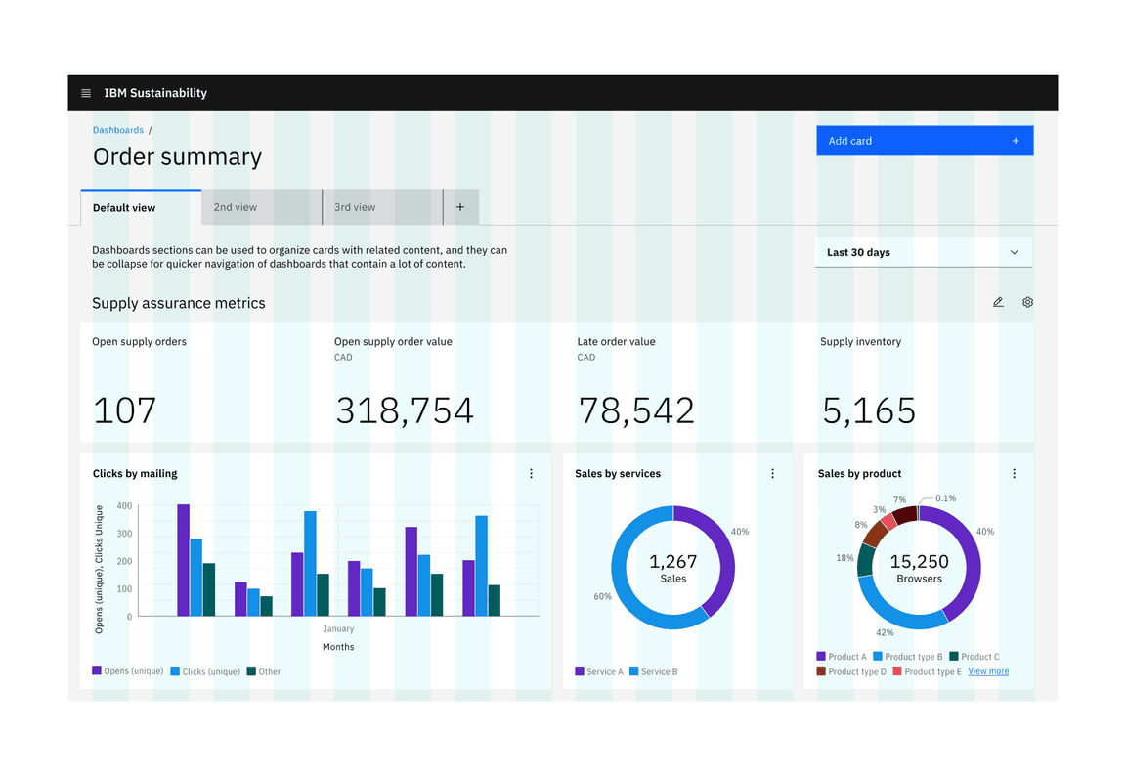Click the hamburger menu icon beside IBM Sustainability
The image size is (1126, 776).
pyautogui.click(x=86, y=93)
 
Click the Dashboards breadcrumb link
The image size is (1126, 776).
pyautogui.click(x=118, y=130)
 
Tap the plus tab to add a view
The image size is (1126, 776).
pyautogui.click(x=460, y=207)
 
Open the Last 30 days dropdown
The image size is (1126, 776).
pyautogui.click(x=923, y=252)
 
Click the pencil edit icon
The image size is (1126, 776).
pyautogui.click(x=998, y=302)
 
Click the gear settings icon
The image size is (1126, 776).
pyautogui.click(x=1027, y=302)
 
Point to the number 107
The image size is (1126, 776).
pyautogui.click(x=125, y=410)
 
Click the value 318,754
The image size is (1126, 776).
pyautogui.click(x=405, y=410)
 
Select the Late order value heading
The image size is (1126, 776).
pyautogui.click(x=616, y=342)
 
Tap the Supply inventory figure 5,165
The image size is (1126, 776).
pyautogui.click(x=869, y=410)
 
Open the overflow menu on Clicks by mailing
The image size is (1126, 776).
pyautogui.click(x=532, y=474)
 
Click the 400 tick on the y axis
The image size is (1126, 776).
pyautogui.click(x=124, y=506)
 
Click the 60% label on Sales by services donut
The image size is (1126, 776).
pyautogui.click(x=602, y=596)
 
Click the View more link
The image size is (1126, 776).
pyautogui.click(x=988, y=671)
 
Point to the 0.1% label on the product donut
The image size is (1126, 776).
pyautogui.click(x=945, y=498)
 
